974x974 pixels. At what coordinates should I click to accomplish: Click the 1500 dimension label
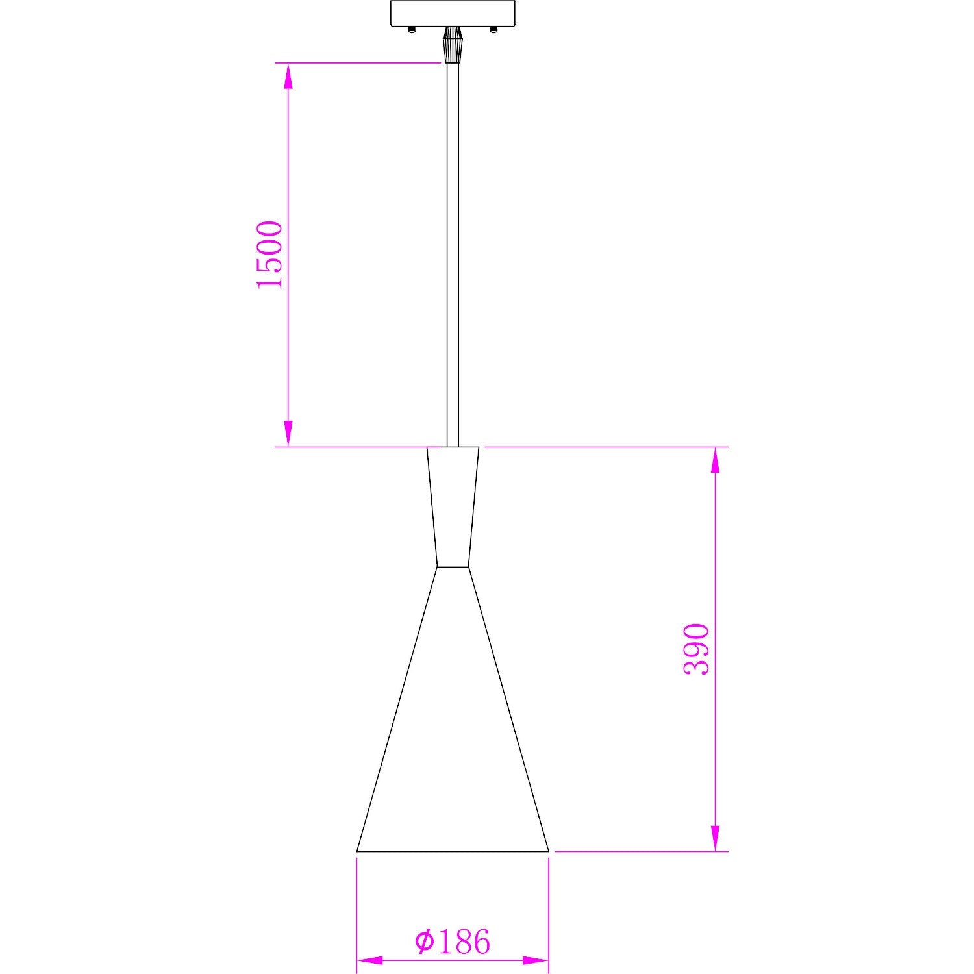pyautogui.click(x=270, y=255)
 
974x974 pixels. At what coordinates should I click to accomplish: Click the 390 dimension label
pyautogui.click(x=697, y=649)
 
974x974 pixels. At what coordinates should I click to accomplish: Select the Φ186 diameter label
pyautogui.click(x=453, y=942)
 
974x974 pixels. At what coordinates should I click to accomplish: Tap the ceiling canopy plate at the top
pyautogui.click(x=453, y=13)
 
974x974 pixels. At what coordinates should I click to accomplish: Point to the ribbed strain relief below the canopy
pyautogui.click(x=452, y=44)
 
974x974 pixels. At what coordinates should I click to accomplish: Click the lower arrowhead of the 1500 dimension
pyautogui.click(x=288, y=433)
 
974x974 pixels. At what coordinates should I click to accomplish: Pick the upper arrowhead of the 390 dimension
pyautogui.click(x=716, y=460)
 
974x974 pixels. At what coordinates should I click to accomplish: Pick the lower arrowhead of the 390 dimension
pyautogui.click(x=716, y=838)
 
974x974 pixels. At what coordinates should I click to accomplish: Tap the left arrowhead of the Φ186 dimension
pyautogui.click(x=370, y=960)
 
